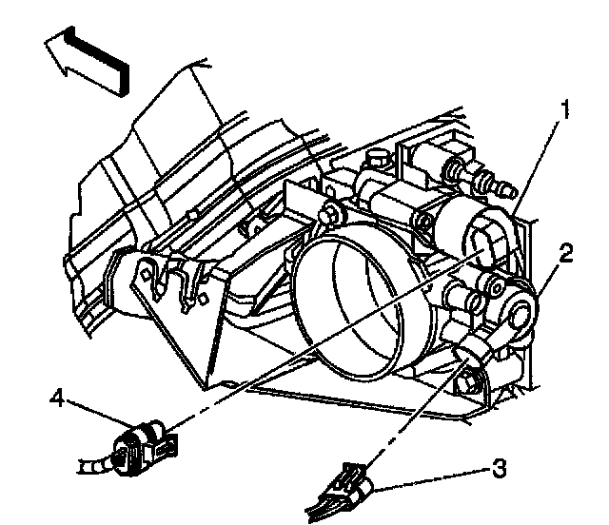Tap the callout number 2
565,253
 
